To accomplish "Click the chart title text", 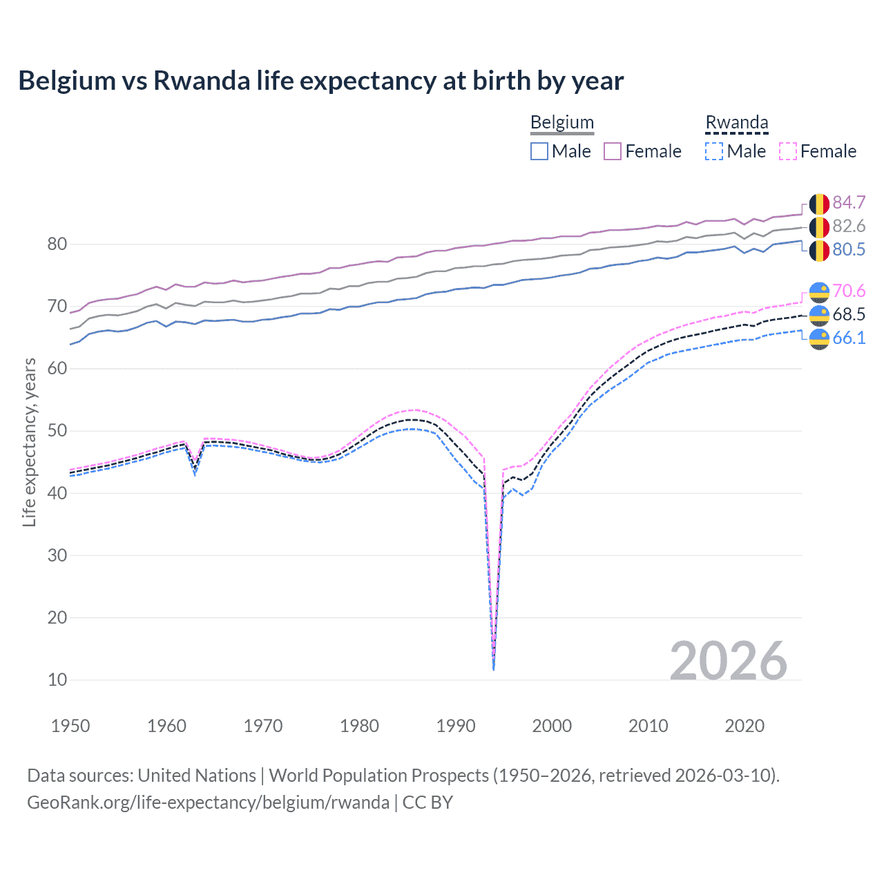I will (320, 81).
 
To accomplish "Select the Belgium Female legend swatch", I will (613, 151).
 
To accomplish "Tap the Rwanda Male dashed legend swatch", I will (714, 151).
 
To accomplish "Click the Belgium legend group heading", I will (561, 123).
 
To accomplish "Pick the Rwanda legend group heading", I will (736, 123).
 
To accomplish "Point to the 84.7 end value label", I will (849, 202).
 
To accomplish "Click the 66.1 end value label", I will (849, 338).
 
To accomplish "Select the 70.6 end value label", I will (849, 291).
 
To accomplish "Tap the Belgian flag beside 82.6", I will (819, 227).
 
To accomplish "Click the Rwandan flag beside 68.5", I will (819, 315).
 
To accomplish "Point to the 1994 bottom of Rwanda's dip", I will (493, 669).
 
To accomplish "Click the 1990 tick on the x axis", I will (456, 726).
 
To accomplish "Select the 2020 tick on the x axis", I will (744, 726).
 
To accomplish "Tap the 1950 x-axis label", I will (70, 726).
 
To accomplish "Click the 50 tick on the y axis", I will (57, 431).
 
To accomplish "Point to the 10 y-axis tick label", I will (57, 680).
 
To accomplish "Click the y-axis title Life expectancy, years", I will (29, 442).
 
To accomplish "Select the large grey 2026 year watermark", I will (728, 661).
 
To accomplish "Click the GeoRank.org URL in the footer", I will (208, 803).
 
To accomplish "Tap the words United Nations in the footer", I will (197, 776).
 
